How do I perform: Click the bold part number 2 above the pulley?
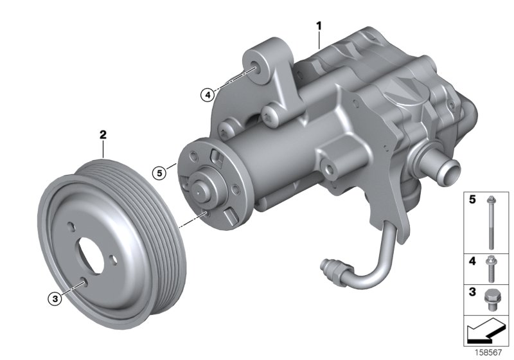pyautogui.click(x=102, y=135)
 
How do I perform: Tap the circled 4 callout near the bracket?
pyautogui.click(x=206, y=95)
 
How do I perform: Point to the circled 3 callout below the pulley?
pyautogui.click(x=56, y=298)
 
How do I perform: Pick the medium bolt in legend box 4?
pyautogui.click(x=490, y=267)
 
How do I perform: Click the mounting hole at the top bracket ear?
pyautogui.click(x=256, y=68)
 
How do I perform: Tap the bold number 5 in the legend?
pyautogui.click(x=471, y=201)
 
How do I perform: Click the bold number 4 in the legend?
pyautogui.click(x=471, y=262)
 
